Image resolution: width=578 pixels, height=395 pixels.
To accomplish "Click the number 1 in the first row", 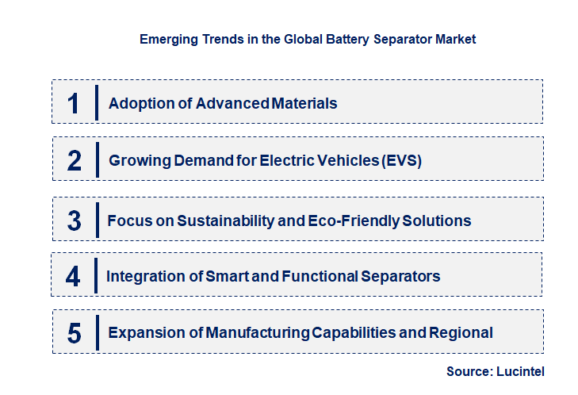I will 73,103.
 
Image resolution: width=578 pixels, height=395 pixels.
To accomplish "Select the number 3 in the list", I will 74,221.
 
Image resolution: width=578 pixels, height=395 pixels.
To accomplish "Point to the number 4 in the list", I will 73,277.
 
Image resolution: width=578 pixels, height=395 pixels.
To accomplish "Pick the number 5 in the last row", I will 74,333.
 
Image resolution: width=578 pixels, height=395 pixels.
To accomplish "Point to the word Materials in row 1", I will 304,103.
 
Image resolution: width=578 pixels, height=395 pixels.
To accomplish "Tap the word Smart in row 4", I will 228,277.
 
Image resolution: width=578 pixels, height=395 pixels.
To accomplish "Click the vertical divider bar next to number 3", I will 97,219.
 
